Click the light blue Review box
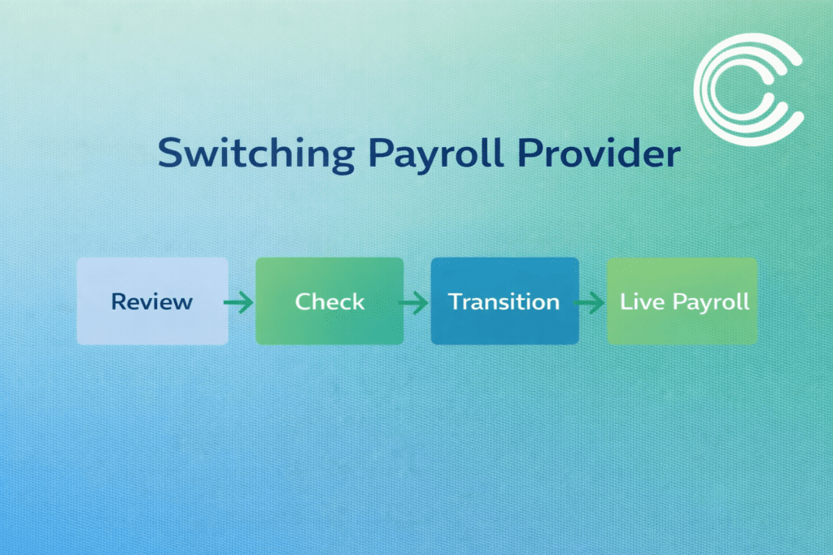(x=152, y=301)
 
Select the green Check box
(x=329, y=301)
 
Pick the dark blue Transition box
(x=504, y=301)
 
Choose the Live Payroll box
(x=683, y=301)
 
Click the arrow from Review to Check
(x=238, y=303)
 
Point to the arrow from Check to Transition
(x=414, y=303)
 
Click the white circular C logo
(x=748, y=84)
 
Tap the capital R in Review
(x=119, y=301)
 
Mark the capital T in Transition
(x=456, y=301)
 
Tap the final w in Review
(x=183, y=303)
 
